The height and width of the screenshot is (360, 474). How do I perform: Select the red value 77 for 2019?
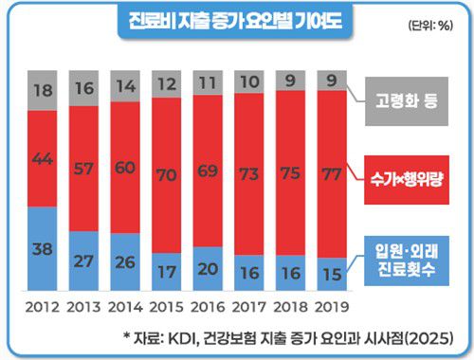[332, 172]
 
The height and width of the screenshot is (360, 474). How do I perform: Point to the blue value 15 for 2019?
[332, 276]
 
